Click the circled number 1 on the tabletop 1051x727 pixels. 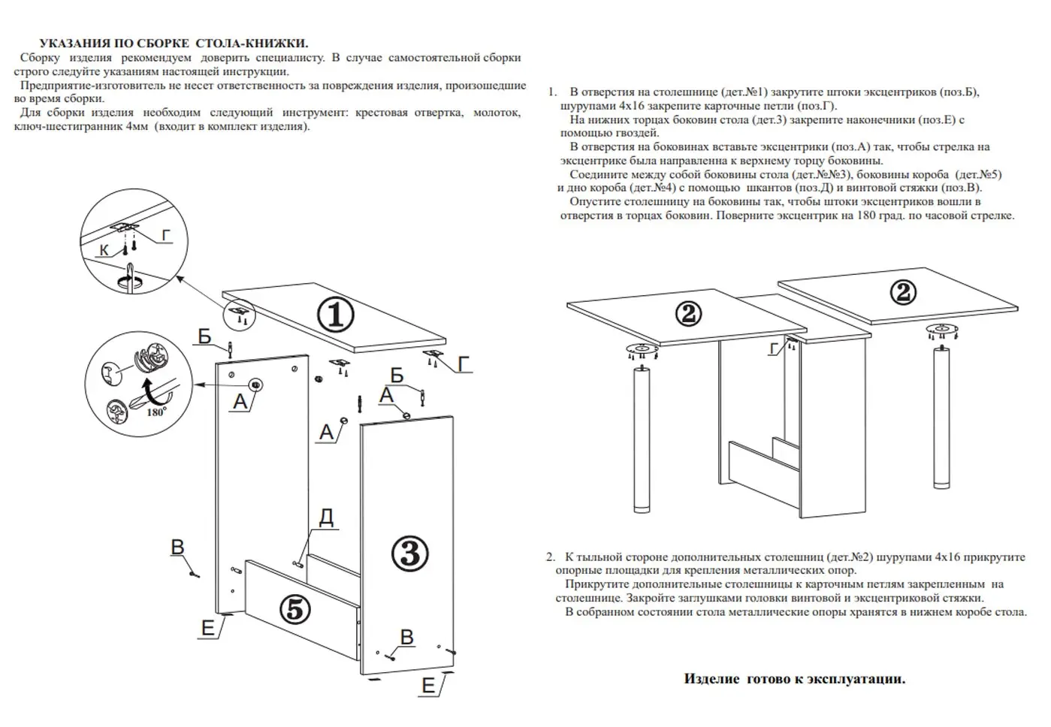[335, 315]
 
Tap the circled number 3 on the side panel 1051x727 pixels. [410, 554]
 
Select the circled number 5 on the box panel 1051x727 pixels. [294, 609]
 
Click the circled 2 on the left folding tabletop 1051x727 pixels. [688, 313]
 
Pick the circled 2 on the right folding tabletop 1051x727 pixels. [903, 292]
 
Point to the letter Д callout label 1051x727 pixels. [326, 517]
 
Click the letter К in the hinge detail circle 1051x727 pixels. [104, 249]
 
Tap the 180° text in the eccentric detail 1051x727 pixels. [156, 412]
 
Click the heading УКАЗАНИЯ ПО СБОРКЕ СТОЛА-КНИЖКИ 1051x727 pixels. [174, 44]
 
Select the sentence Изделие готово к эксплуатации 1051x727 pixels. [794, 679]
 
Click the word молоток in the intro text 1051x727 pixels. [497, 113]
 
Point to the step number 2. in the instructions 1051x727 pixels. [551, 557]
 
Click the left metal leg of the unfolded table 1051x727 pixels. [641, 443]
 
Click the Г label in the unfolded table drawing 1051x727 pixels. [775, 348]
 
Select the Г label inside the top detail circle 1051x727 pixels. [166, 235]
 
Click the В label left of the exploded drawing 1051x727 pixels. [178, 547]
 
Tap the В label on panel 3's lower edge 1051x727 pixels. [406, 637]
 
